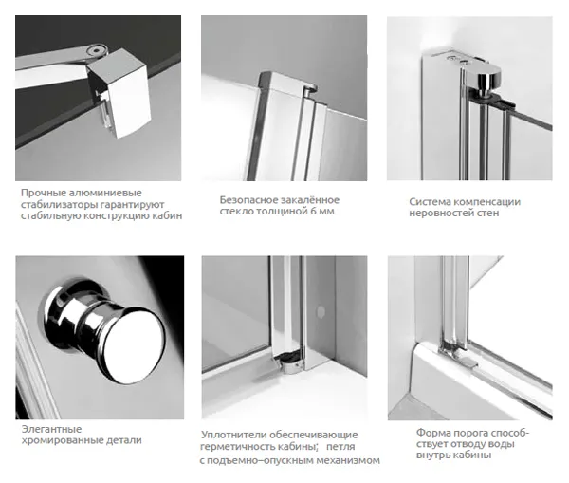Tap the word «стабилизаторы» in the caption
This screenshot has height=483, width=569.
[x=59, y=204]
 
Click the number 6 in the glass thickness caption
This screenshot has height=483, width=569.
[x=313, y=212]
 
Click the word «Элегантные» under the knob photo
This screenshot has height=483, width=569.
[x=51, y=429]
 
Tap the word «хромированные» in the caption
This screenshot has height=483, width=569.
[x=63, y=440]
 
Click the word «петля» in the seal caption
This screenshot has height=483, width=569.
[x=340, y=446]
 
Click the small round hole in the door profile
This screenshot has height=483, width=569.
[x=321, y=311]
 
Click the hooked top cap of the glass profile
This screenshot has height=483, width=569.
[x=287, y=84]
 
